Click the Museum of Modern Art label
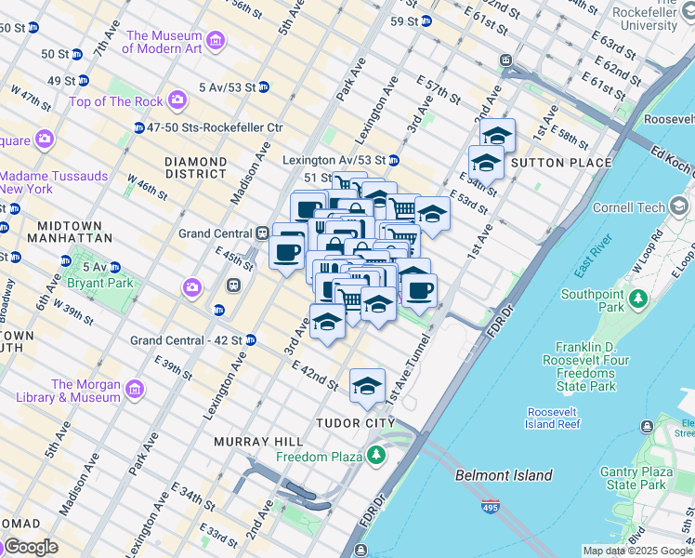164,42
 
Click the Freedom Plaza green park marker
375,455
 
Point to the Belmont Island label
504,475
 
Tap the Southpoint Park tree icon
637,299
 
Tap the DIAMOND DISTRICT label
195,167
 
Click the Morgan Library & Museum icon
135,388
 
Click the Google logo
30,547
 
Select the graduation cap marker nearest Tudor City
367,385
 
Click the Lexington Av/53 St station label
334,160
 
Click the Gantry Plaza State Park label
640,478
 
